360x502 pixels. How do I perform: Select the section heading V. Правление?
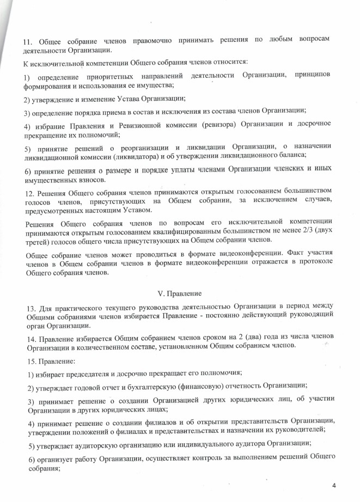(180, 295)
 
